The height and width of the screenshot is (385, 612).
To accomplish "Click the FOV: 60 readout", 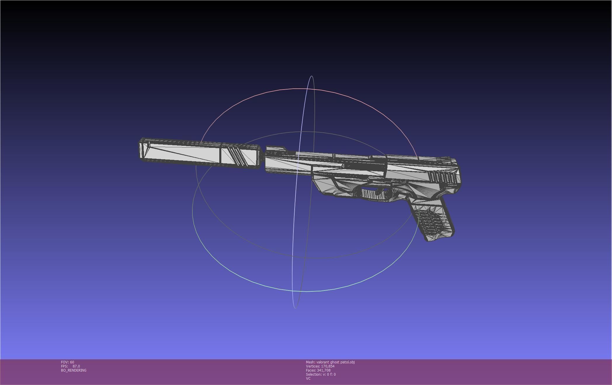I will click(x=67, y=362).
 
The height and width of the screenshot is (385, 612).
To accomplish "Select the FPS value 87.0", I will click(x=76, y=366).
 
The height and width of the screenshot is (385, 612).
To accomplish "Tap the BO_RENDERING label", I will click(x=74, y=370).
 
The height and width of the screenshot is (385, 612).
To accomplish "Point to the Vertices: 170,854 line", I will click(x=320, y=366).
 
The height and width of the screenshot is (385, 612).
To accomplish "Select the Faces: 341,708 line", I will click(x=318, y=370).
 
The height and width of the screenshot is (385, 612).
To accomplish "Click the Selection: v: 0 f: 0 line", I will click(x=321, y=374).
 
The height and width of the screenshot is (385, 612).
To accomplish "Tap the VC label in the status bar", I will click(x=308, y=379).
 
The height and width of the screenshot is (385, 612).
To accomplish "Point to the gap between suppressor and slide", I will click(x=262, y=159).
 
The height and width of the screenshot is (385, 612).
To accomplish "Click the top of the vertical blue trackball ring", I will click(x=312, y=76).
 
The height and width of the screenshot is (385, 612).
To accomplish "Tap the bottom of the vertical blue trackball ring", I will click(x=295, y=308).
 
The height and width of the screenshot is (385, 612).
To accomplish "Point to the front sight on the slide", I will click(x=276, y=148).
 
